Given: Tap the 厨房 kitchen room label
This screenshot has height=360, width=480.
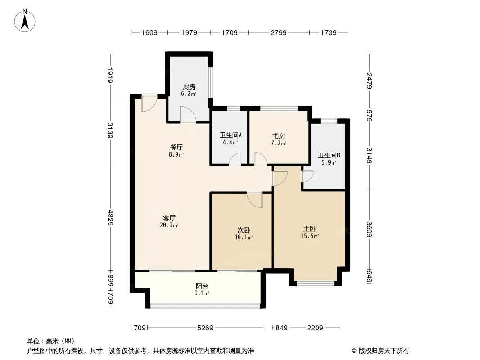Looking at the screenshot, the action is pyautogui.click(x=189, y=87).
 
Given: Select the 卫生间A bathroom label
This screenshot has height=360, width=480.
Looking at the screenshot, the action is pyautogui.click(x=231, y=135).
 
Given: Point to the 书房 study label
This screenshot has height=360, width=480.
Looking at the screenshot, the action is pyautogui.click(x=279, y=136).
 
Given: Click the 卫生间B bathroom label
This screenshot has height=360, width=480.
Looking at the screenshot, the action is pyautogui.click(x=328, y=155).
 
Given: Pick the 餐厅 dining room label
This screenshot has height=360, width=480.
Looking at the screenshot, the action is pyautogui.click(x=177, y=148).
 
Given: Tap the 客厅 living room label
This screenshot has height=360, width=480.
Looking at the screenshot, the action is pyautogui.click(x=169, y=218).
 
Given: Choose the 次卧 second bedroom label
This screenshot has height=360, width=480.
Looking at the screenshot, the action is pyautogui.click(x=244, y=230).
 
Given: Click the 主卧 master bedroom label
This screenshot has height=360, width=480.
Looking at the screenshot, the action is pyautogui.click(x=309, y=229).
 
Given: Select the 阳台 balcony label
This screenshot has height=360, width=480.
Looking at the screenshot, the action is pyautogui.click(x=202, y=286).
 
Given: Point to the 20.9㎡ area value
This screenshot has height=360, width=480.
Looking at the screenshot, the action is pyautogui.click(x=169, y=225).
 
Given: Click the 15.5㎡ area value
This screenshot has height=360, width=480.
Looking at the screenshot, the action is pyautogui.click(x=310, y=236).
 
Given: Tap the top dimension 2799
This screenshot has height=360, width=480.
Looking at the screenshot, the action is pyautogui.click(x=279, y=32).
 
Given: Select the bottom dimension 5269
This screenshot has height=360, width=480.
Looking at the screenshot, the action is pyautogui.click(x=205, y=328).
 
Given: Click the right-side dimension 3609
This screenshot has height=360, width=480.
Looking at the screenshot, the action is pyautogui.click(x=370, y=229).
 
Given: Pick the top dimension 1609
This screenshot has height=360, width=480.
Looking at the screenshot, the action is pyautogui.click(x=149, y=32).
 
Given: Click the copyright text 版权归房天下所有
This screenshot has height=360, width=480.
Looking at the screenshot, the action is pyautogui.click(x=383, y=351).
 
